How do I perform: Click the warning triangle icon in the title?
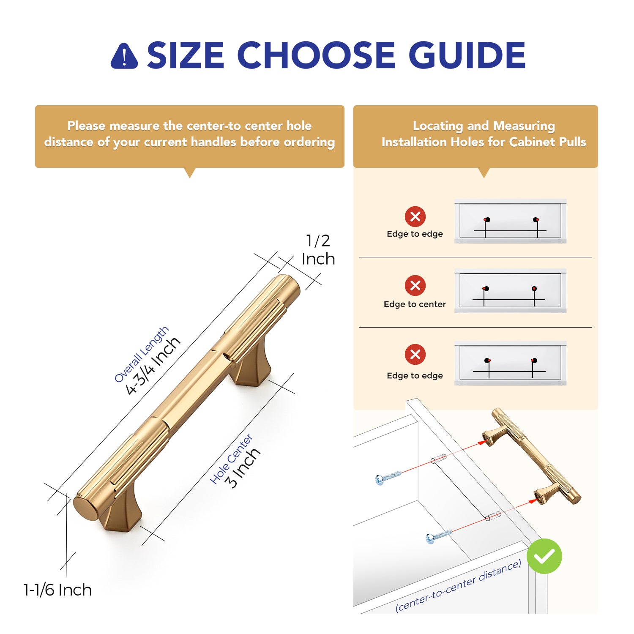(124, 56)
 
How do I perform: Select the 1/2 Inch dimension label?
(318, 250)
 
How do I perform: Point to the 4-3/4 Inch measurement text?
(153, 366)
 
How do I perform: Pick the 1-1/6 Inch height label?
(57, 590)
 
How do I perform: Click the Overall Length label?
(141, 355)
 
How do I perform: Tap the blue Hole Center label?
(231, 459)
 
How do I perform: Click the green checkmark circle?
(544, 556)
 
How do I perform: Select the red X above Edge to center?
(415, 285)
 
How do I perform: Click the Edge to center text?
(415, 304)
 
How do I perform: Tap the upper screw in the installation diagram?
(388, 477)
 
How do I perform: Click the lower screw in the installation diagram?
(439, 536)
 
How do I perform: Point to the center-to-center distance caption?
(458, 586)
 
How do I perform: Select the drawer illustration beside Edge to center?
(510, 291)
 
